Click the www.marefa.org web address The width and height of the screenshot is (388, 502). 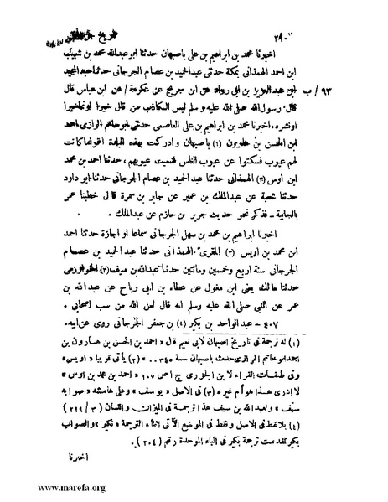click(49, 484)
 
